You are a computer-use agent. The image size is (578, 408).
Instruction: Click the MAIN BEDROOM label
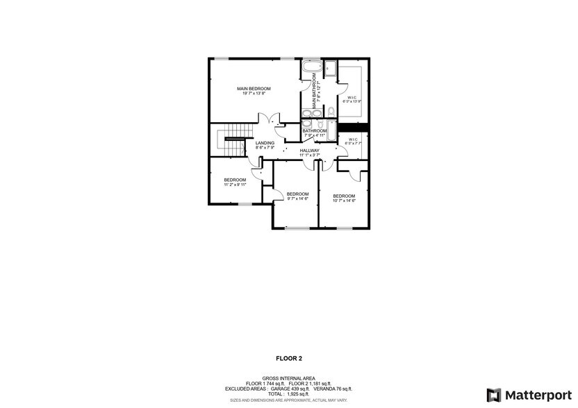253,89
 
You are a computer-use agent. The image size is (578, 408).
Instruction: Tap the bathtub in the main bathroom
310,69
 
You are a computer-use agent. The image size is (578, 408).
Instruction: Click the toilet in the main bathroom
331,112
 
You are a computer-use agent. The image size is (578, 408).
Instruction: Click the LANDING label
265,143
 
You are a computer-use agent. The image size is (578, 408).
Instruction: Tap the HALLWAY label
309,151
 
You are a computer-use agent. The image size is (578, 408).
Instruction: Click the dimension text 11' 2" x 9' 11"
235,185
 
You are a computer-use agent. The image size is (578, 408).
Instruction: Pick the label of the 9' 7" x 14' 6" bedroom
297,194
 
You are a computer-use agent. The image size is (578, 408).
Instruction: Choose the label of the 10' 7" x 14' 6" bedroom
343,196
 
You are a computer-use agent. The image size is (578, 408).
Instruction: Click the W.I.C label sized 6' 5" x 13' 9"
352,97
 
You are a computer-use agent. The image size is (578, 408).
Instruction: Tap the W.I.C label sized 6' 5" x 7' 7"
352,139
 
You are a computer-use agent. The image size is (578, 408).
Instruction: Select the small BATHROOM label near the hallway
314,130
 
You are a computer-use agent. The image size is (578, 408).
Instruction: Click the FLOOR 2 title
289,359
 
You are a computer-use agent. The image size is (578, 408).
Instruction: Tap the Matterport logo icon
494,395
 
